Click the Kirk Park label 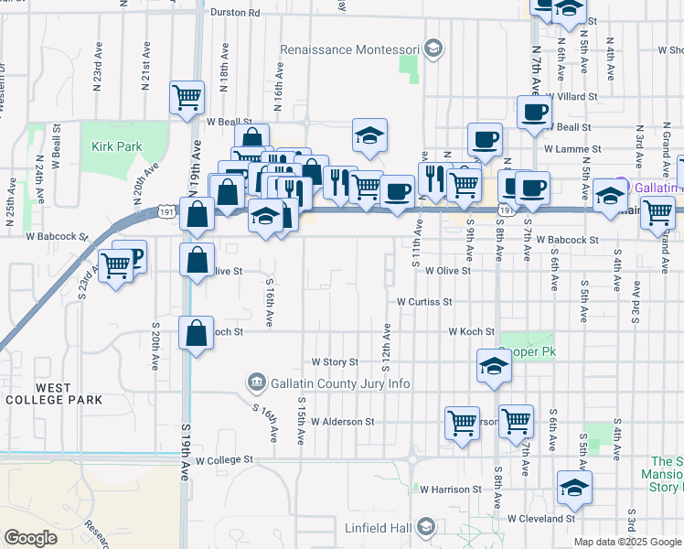pyautogui.click(x=117, y=146)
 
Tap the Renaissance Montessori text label pyautogui.click(x=349, y=48)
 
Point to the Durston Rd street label pyautogui.click(x=235, y=13)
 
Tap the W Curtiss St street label pyautogui.click(x=424, y=301)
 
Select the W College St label pyautogui.click(x=223, y=460)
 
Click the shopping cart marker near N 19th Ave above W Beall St pyautogui.click(x=187, y=96)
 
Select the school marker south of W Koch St pyautogui.click(x=494, y=366)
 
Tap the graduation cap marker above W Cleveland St pyautogui.click(x=574, y=487)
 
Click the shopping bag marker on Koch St pyautogui.click(x=197, y=332)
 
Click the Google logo pyautogui.click(x=31, y=538)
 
